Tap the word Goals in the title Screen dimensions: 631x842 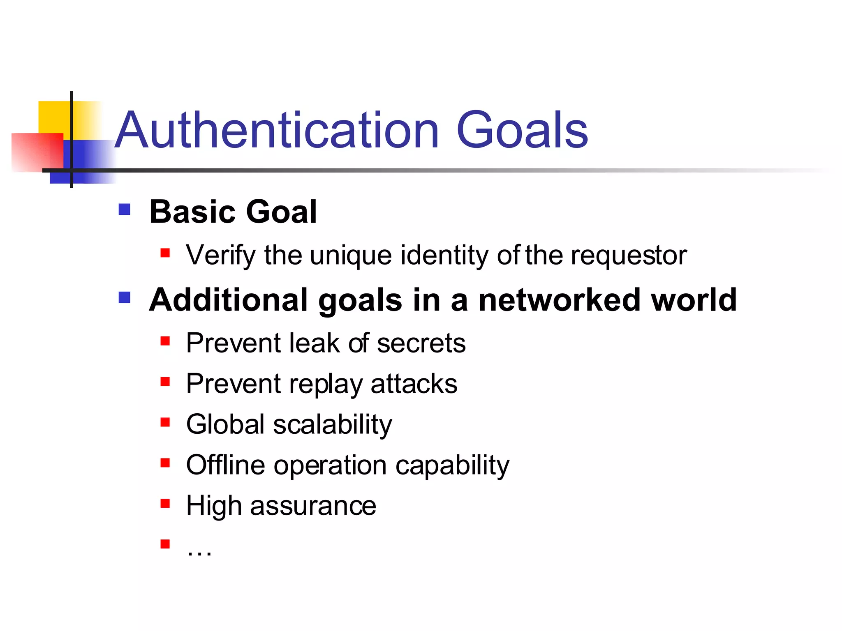(522, 131)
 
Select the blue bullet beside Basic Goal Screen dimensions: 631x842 (124, 210)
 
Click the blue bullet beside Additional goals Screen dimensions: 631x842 (124, 297)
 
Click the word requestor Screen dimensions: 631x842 (629, 256)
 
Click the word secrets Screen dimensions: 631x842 (421, 343)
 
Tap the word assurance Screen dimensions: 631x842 (313, 506)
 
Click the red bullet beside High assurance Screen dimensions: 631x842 (165, 503)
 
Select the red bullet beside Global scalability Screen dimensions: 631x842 (165, 422)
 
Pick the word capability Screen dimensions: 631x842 (452, 466)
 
